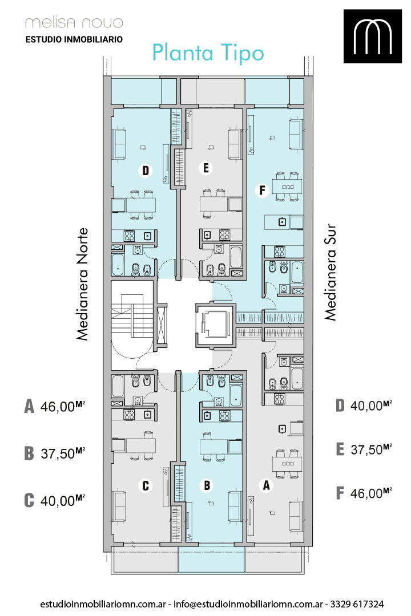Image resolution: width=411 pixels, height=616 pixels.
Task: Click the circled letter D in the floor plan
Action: click(x=146, y=171)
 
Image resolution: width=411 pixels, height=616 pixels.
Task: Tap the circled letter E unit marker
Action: click(x=205, y=168)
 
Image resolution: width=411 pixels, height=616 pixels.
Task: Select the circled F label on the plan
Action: click(x=262, y=191)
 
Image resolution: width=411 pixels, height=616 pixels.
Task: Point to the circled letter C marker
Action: click(x=145, y=485)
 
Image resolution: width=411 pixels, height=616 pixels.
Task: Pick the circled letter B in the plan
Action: click(x=207, y=485)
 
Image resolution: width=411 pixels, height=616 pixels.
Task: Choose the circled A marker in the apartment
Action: click(x=266, y=485)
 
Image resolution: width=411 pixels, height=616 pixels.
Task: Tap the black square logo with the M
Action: click(x=372, y=36)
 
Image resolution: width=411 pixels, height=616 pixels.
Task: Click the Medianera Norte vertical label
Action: click(x=82, y=284)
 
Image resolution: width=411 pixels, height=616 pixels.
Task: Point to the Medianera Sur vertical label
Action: click(x=331, y=272)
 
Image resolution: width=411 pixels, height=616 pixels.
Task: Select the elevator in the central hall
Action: click(x=215, y=325)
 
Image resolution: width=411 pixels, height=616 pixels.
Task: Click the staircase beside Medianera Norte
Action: click(x=132, y=325)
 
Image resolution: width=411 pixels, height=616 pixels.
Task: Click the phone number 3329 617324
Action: click(x=357, y=604)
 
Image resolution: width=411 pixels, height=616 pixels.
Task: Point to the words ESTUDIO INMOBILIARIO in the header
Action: click(x=74, y=39)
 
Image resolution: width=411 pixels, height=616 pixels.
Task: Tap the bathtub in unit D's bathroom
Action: click(x=118, y=265)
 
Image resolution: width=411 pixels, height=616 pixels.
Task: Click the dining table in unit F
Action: click(x=288, y=187)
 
